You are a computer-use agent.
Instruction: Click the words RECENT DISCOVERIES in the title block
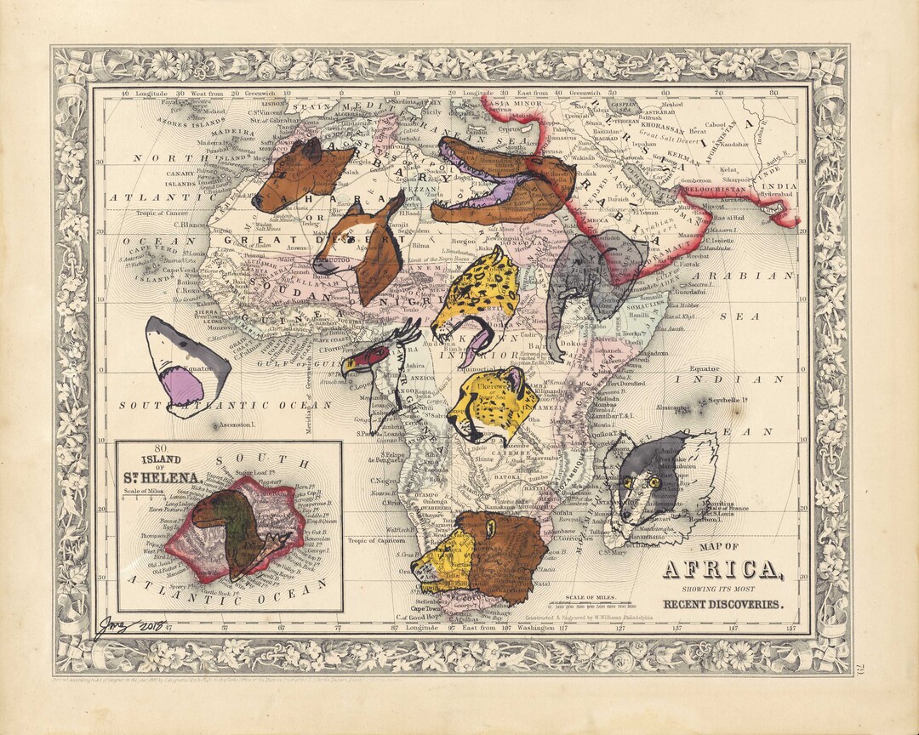point(722,604)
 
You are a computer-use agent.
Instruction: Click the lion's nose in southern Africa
point(418,568)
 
